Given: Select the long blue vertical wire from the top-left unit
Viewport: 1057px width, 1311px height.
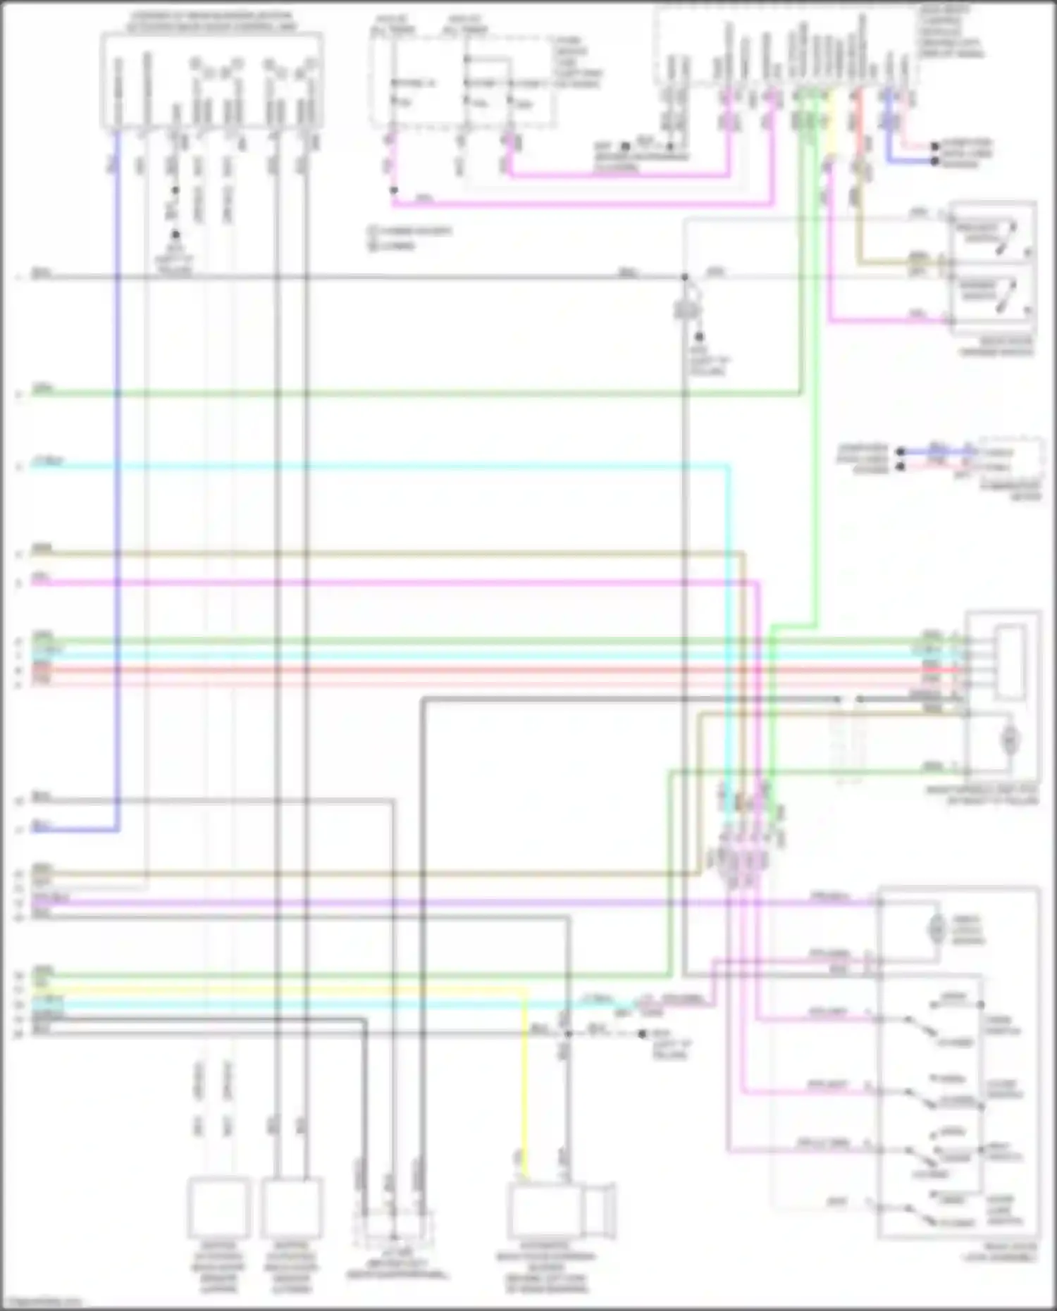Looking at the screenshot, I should tap(117, 493).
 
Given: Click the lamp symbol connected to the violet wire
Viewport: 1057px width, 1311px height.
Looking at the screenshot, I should tap(936, 929).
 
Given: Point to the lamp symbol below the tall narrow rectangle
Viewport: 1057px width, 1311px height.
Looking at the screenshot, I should tap(1010, 739).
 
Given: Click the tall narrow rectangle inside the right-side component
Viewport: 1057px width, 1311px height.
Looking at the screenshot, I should tap(1009, 659).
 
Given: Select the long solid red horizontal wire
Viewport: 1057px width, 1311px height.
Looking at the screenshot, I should tap(493, 669).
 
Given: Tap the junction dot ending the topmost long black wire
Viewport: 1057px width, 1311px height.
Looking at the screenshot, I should tap(684, 277).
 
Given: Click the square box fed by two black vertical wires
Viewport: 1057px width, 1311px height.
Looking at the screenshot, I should tap(292, 1208).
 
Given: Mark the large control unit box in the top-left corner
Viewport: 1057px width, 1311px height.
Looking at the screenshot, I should tap(211, 81).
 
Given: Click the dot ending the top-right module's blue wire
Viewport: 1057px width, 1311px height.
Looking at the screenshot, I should tap(934, 161).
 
